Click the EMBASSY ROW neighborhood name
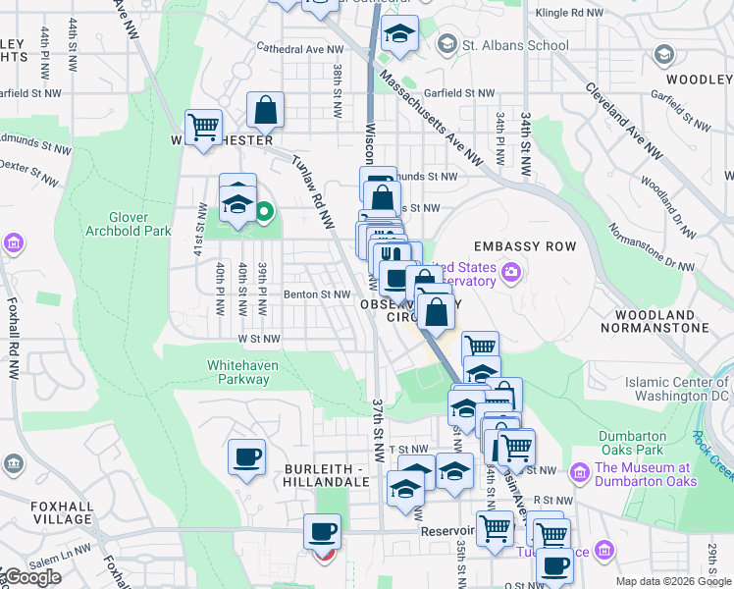click(516, 245)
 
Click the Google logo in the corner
click(33, 577)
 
